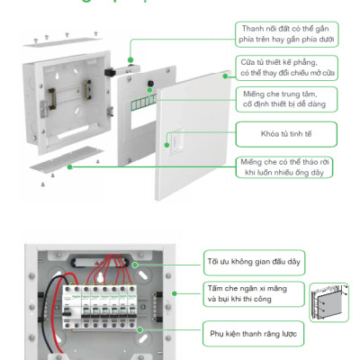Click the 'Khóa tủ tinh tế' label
pos(287,136)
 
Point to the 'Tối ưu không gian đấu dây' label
pos(252,262)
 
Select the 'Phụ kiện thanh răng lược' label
pos(253,333)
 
